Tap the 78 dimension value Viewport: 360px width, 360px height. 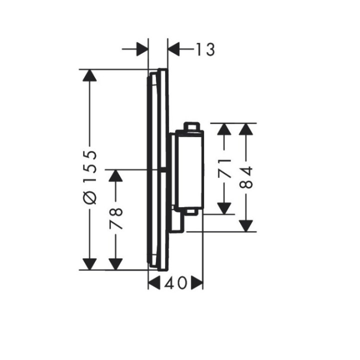tap(116, 218)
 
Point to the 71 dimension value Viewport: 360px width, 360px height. tap(224, 167)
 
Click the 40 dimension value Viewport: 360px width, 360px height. tap(175, 283)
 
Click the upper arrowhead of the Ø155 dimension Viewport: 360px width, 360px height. tap(89, 76)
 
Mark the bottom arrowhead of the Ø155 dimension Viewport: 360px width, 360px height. tap(89, 263)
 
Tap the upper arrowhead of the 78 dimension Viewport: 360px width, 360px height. tap(116, 176)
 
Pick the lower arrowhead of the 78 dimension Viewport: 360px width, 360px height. tap(116, 263)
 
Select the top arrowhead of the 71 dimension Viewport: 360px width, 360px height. tap(224, 129)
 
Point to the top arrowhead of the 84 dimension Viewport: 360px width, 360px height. tap(245, 129)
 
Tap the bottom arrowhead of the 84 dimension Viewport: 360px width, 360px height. tap(245, 225)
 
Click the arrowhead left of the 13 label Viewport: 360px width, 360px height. tap(142, 49)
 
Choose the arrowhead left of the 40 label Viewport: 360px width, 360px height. tap(155, 283)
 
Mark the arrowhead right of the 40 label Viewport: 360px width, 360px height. tap(196, 283)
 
